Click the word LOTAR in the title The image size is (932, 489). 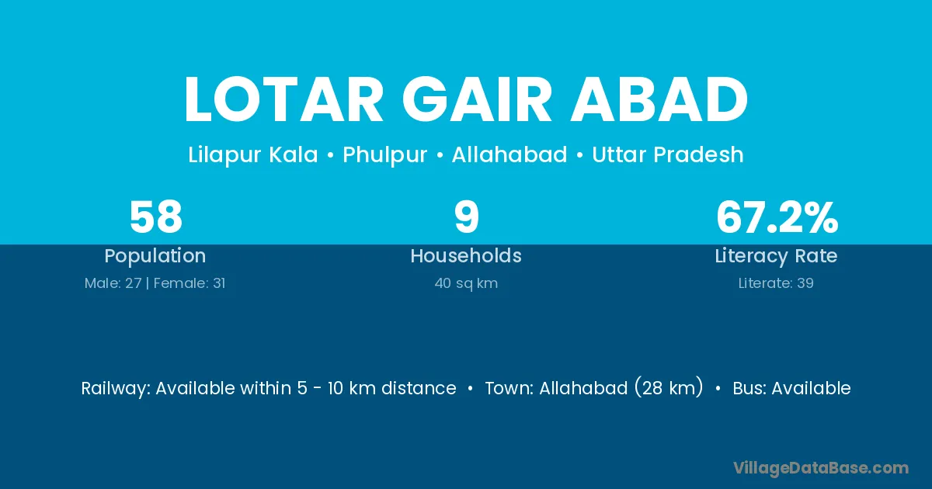[283, 99]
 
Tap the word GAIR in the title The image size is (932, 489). [477, 99]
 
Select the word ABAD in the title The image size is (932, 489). [659, 99]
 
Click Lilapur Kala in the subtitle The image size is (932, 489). [253, 154]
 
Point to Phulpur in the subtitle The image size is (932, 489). [385, 154]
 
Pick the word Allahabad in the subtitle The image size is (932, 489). [509, 154]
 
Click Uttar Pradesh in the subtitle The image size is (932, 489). [668, 154]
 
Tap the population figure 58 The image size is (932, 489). [156, 217]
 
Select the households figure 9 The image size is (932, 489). [467, 217]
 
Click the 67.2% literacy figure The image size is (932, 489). [777, 217]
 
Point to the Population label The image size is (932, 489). [155, 256]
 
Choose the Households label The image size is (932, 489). [466, 255]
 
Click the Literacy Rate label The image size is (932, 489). [777, 256]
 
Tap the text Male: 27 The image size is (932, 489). [113, 283]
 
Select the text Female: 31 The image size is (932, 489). [190, 283]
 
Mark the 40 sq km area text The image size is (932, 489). [466, 283]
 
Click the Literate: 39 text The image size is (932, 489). [776, 283]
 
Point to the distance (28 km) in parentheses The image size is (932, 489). [669, 388]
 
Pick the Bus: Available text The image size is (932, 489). [791, 388]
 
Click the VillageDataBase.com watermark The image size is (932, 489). [821, 468]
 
